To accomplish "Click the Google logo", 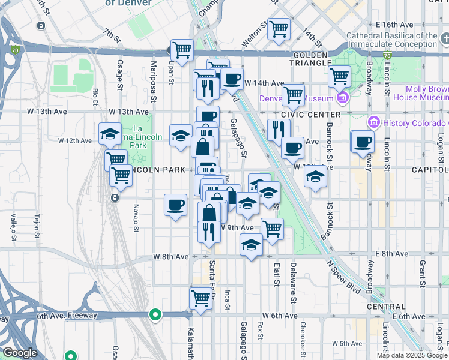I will (20, 353).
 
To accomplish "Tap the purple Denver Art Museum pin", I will (343, 98).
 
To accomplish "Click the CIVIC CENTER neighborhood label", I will (310, 114).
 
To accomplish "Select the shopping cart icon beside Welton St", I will (279, 29).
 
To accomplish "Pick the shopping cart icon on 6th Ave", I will (201, 298).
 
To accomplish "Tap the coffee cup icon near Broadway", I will (362, 143).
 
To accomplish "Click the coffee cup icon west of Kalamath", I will (175, 206).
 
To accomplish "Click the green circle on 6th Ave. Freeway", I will (155, 314).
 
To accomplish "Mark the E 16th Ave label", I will (395, 25).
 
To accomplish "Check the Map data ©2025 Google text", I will (411, 355).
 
